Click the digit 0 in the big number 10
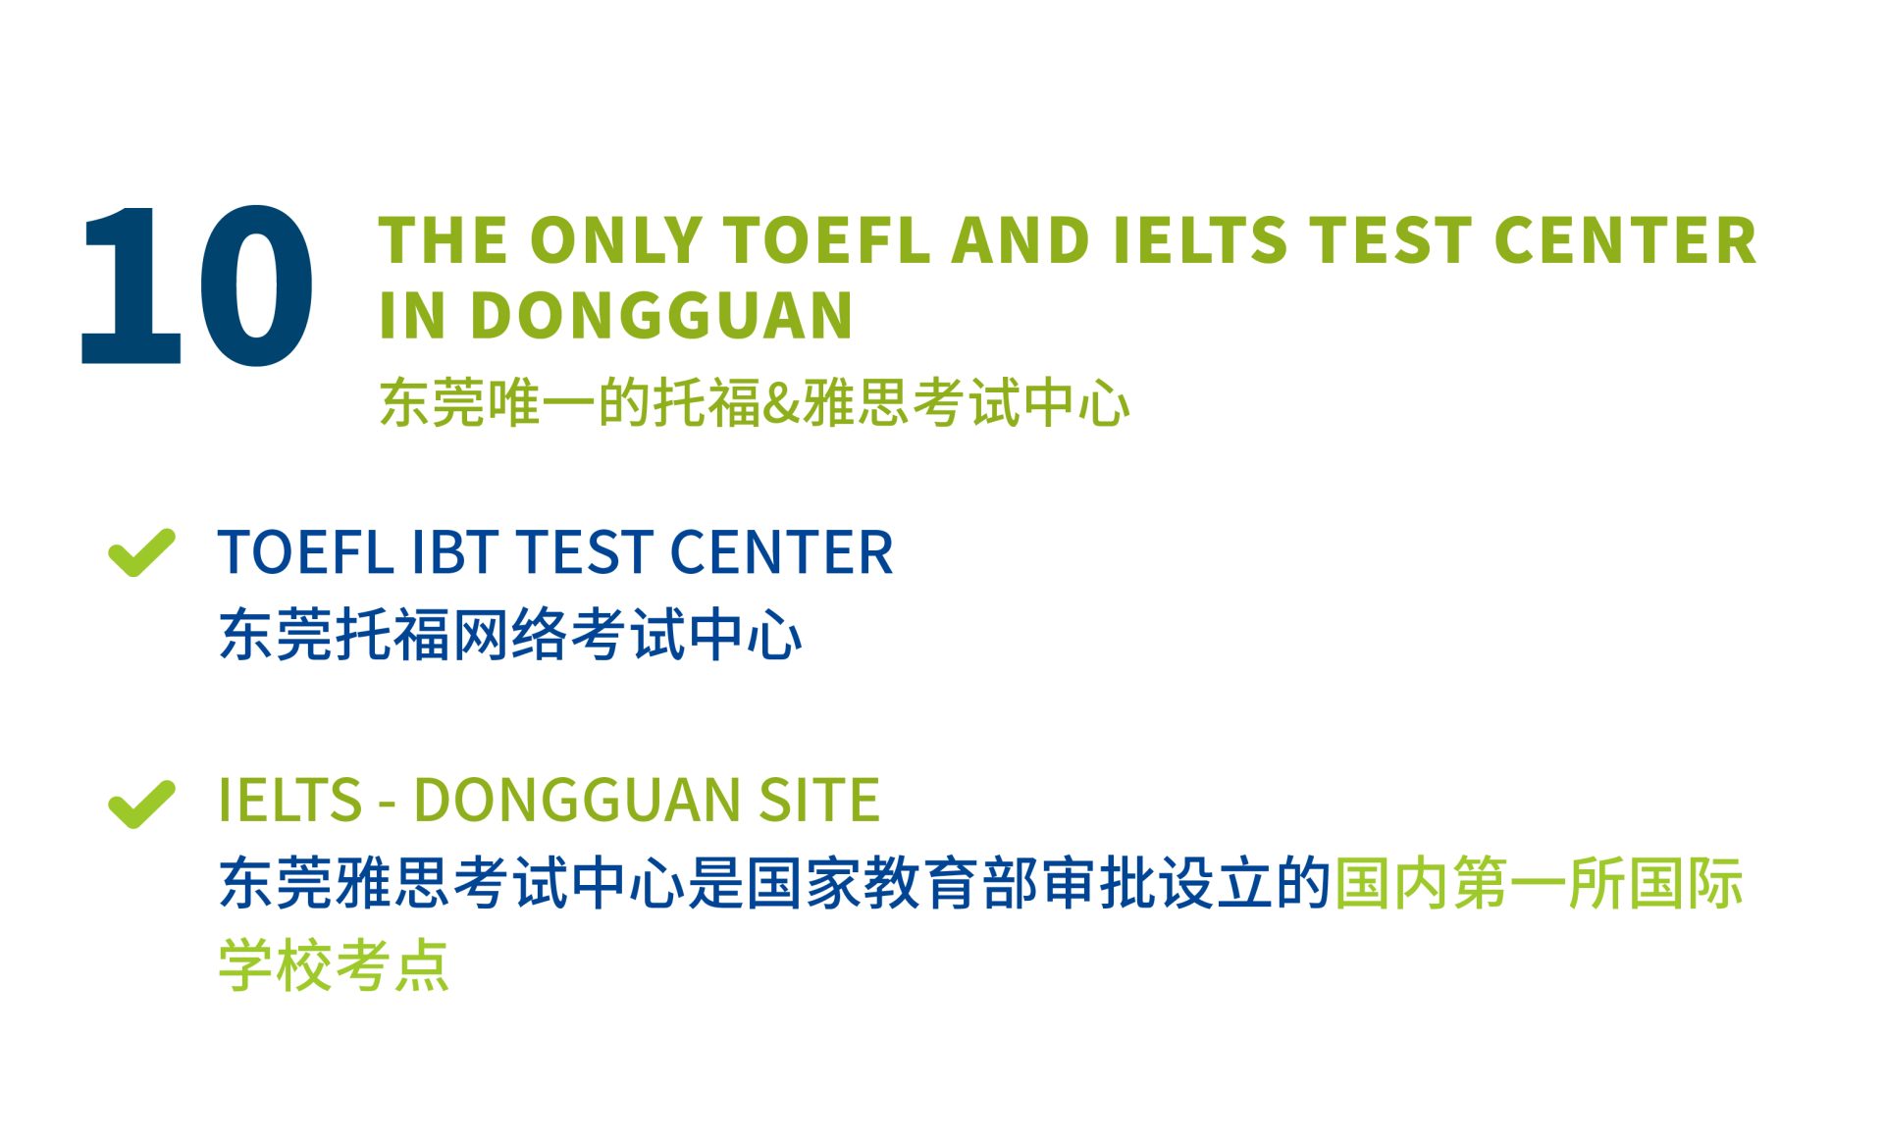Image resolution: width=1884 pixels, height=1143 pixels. click(x=255, y=285)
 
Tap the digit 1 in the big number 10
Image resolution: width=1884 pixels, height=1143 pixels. click(x=131, y=285)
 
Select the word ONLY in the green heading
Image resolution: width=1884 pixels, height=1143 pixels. click(x=616, y=240)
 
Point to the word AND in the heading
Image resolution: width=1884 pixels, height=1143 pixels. click(x=1020, y=240)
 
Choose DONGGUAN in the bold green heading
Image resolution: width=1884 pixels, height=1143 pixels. click(x=661, y=315)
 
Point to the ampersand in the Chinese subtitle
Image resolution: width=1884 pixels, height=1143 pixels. click(x=782, y=403)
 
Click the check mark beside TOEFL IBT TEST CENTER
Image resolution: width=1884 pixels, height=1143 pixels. click(x=141, y=552)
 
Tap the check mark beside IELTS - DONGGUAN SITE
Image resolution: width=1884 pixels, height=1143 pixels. click(x=141, y=804)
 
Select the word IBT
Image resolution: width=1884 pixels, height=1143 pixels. click(x=454, y=551)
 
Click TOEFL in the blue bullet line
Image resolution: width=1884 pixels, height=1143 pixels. click(x=304, y=551)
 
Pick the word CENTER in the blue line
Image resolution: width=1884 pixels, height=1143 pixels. click(x=781, y=551)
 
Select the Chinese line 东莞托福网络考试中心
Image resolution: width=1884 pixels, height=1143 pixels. click(x=510, y=635)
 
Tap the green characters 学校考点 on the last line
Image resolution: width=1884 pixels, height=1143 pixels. click(x=334, y=965)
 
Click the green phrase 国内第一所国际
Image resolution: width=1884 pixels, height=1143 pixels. click(x=1539, y=882)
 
